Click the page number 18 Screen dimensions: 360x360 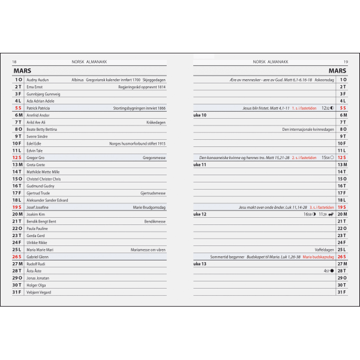14,62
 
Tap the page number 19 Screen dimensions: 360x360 346,62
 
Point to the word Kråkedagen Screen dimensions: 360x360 156,122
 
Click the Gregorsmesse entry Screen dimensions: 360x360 154,158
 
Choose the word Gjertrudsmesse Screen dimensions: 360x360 153,193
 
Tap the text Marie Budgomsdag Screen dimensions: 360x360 149,207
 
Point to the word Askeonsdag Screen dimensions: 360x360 321,80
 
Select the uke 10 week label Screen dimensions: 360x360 200,115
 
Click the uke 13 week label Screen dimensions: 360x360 200,263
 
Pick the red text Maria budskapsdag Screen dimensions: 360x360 318,257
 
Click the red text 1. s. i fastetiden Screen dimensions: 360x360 305,109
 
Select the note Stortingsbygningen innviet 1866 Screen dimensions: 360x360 139,109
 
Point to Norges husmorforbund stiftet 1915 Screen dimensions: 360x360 137,143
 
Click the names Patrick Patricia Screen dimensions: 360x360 38,109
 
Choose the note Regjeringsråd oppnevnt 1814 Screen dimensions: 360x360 142,87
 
